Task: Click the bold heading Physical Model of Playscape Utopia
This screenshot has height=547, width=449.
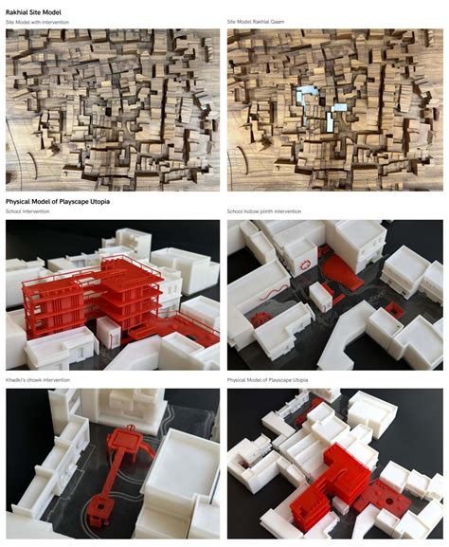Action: (60, 202)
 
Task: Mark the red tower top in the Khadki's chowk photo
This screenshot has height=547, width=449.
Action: (120, 439)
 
